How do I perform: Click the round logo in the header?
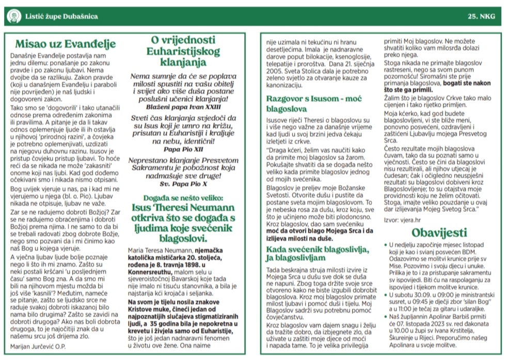coord(12,16)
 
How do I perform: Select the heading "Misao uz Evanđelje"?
coord(65,44)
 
